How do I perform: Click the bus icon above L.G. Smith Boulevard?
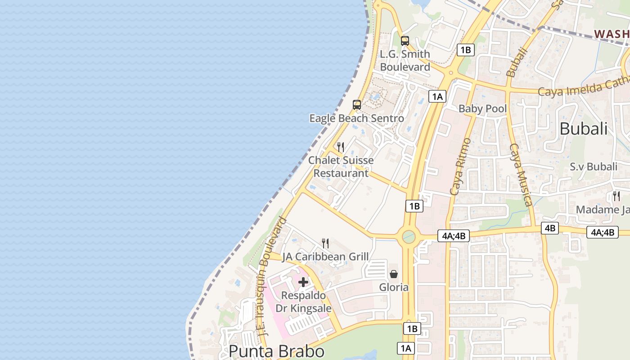point(405,41)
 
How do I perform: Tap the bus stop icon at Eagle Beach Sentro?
point(357,105)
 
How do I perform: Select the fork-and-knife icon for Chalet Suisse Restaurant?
point(341,147)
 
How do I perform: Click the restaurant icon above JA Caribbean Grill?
point(325,243)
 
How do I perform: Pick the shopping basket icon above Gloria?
point(394,274)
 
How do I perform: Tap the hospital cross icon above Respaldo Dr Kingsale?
point(303,282)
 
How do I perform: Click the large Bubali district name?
point(583,129)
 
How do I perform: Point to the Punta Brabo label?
point(276,351)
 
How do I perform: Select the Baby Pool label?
point(482,108)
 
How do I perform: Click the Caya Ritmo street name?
point(460,166)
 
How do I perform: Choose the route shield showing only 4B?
point(550,228)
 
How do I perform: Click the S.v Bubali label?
point(594,166)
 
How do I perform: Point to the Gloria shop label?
point(394,287)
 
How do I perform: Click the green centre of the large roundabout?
point(409,236)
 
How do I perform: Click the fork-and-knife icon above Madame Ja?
point(616,196)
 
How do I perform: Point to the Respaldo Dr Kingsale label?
point(303,302)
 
